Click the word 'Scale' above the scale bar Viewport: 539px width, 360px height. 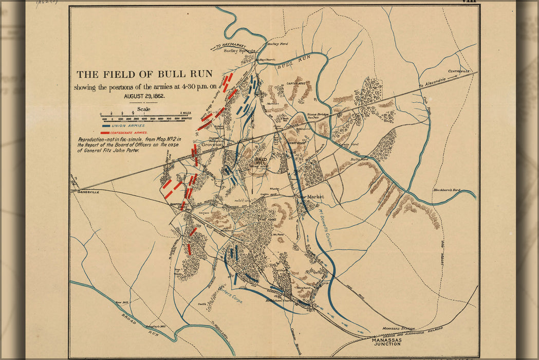[x=144, y=109]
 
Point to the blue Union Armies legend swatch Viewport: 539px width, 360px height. [x=110, y=125]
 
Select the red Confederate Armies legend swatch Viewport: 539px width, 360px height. [x=105, y=133]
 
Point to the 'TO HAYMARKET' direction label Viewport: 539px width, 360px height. [x=231, y=46]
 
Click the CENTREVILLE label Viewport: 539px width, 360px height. [x=459, y=71]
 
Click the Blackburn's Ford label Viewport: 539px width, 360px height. [x=445, y=190]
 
